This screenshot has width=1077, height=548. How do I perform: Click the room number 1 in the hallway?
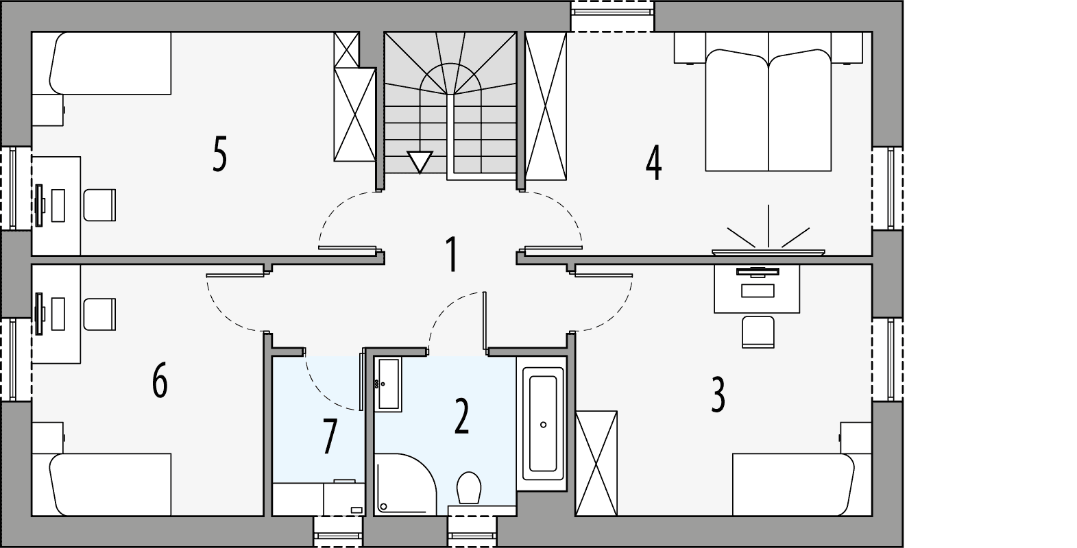pos(450,254)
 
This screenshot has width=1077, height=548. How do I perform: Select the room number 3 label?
pos(718,395)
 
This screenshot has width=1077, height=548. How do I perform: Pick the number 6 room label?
pos(160,381)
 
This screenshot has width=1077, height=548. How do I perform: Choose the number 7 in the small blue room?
pos(329,436)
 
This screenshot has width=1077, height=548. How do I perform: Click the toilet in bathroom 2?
pos(470,487)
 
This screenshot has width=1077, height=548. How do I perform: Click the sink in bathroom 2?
pos(388,384)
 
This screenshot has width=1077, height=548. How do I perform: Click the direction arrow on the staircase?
pos(418,162)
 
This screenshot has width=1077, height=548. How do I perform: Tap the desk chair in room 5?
pos(100,206)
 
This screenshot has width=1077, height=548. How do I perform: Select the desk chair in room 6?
pos(100,314)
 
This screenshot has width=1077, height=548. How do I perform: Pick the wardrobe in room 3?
pos(596,462)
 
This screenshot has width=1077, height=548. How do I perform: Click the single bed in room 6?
pos(110,484)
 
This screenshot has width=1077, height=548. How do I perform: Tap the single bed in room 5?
pos(110,64)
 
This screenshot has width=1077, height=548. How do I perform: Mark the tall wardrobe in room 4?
pos(546,106)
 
